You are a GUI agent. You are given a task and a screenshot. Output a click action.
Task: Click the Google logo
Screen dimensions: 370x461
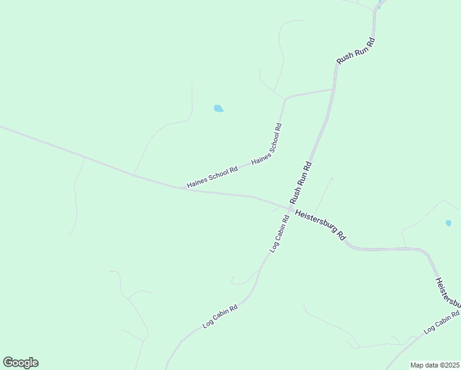pos(20,363)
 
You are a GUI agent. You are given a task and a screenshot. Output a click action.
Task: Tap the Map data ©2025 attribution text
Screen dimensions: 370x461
pos(434,365)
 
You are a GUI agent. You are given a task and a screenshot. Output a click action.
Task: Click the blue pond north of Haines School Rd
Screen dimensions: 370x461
pos(218,109)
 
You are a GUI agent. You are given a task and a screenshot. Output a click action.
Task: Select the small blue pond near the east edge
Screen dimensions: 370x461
pos(448,223)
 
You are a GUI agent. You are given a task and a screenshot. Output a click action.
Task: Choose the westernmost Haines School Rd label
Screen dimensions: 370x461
pos(213,177)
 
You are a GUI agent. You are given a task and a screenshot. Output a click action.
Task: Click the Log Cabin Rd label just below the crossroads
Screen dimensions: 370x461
pos(279,234)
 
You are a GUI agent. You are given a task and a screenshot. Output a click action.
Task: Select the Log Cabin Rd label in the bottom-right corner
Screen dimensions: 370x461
pos(442,323)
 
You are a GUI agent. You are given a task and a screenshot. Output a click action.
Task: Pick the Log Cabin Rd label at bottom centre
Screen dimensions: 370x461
pos(220,316)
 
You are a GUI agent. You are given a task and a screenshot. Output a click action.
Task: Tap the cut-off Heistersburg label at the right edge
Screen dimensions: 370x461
pos(447,294)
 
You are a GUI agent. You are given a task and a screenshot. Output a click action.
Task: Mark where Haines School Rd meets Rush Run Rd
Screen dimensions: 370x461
pos(333,89)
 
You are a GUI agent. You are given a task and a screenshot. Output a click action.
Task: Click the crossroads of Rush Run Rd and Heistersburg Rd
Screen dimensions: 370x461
pos(290,208)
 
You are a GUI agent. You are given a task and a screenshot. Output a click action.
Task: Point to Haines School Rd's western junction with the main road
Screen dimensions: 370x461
pos(185,189)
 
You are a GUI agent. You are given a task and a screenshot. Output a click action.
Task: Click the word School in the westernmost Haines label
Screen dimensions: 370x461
pos(217,175)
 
